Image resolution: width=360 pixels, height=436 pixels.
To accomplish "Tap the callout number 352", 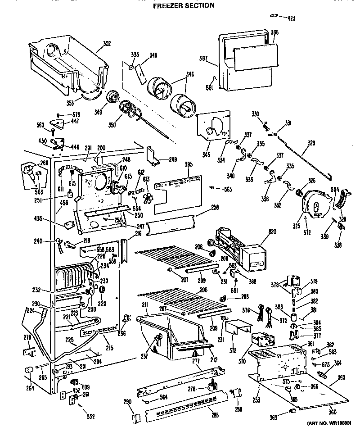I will pos(107,44).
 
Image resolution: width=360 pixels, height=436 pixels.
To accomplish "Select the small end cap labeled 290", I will pos(133,417).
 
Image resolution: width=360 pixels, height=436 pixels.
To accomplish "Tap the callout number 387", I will pos(203,58).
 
